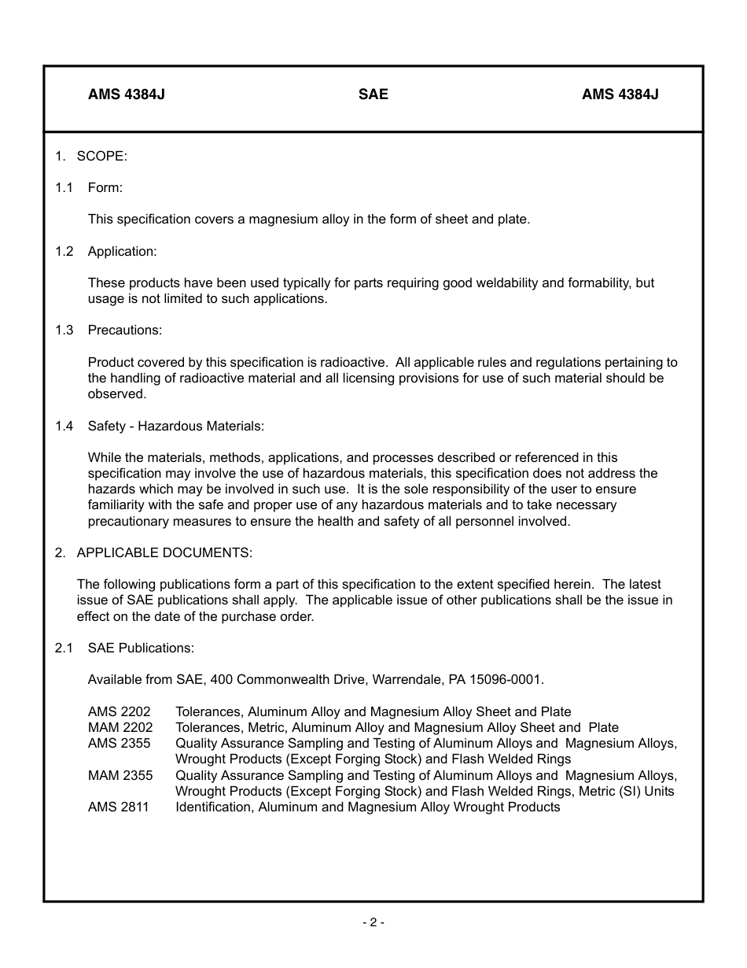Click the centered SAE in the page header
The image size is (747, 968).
pyautogui.click(x=373, y=94)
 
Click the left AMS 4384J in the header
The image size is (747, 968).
pyautogui.click(x=126, y=94)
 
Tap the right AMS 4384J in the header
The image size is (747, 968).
pyautogui.click(x=620, y=94)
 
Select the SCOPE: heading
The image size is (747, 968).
pyautogui.click(x=101, y=156)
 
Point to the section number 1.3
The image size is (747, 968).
pyautogui.click(x=64, y=330)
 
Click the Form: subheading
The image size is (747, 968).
pyautogui.click(x=105, y=187)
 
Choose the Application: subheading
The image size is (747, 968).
pyautogui.click(x=122, y=251)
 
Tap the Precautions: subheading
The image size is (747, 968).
pyautogui.click(x=124, y=330)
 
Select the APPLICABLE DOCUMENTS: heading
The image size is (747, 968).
pyautogui.click(x=164, y=552)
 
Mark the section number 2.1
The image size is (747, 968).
pyautogui.click(x=64, y=648)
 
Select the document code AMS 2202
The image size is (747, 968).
pyautogui.click(x=119, y=711)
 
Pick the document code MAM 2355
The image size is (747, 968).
pyautogui.click(x=120, y=775)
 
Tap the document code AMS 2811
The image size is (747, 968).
pyautogui.click(x=118, y=807)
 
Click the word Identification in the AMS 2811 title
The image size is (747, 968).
pyautogui.click(x=213, y=807)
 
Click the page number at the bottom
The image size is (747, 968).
pyautogui.click(x=373, y=922)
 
